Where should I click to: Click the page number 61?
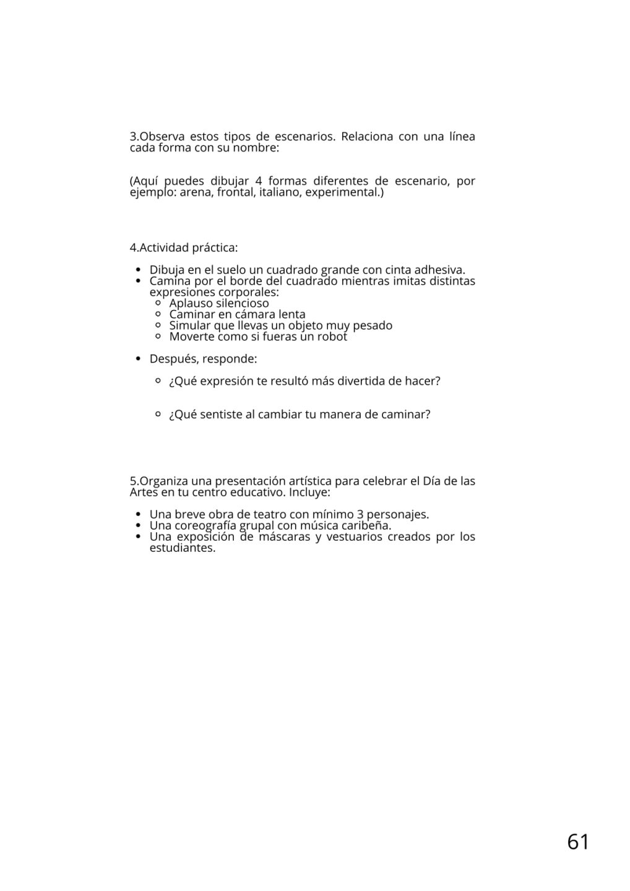click(578, 841)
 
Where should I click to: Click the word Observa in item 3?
click(163, 136)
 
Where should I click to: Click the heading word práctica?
click(214, 247)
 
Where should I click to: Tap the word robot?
click(331, 337)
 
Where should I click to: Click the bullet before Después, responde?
click(138, 359)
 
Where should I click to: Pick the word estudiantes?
click(183, 548)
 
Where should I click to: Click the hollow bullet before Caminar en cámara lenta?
click(158, 314)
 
